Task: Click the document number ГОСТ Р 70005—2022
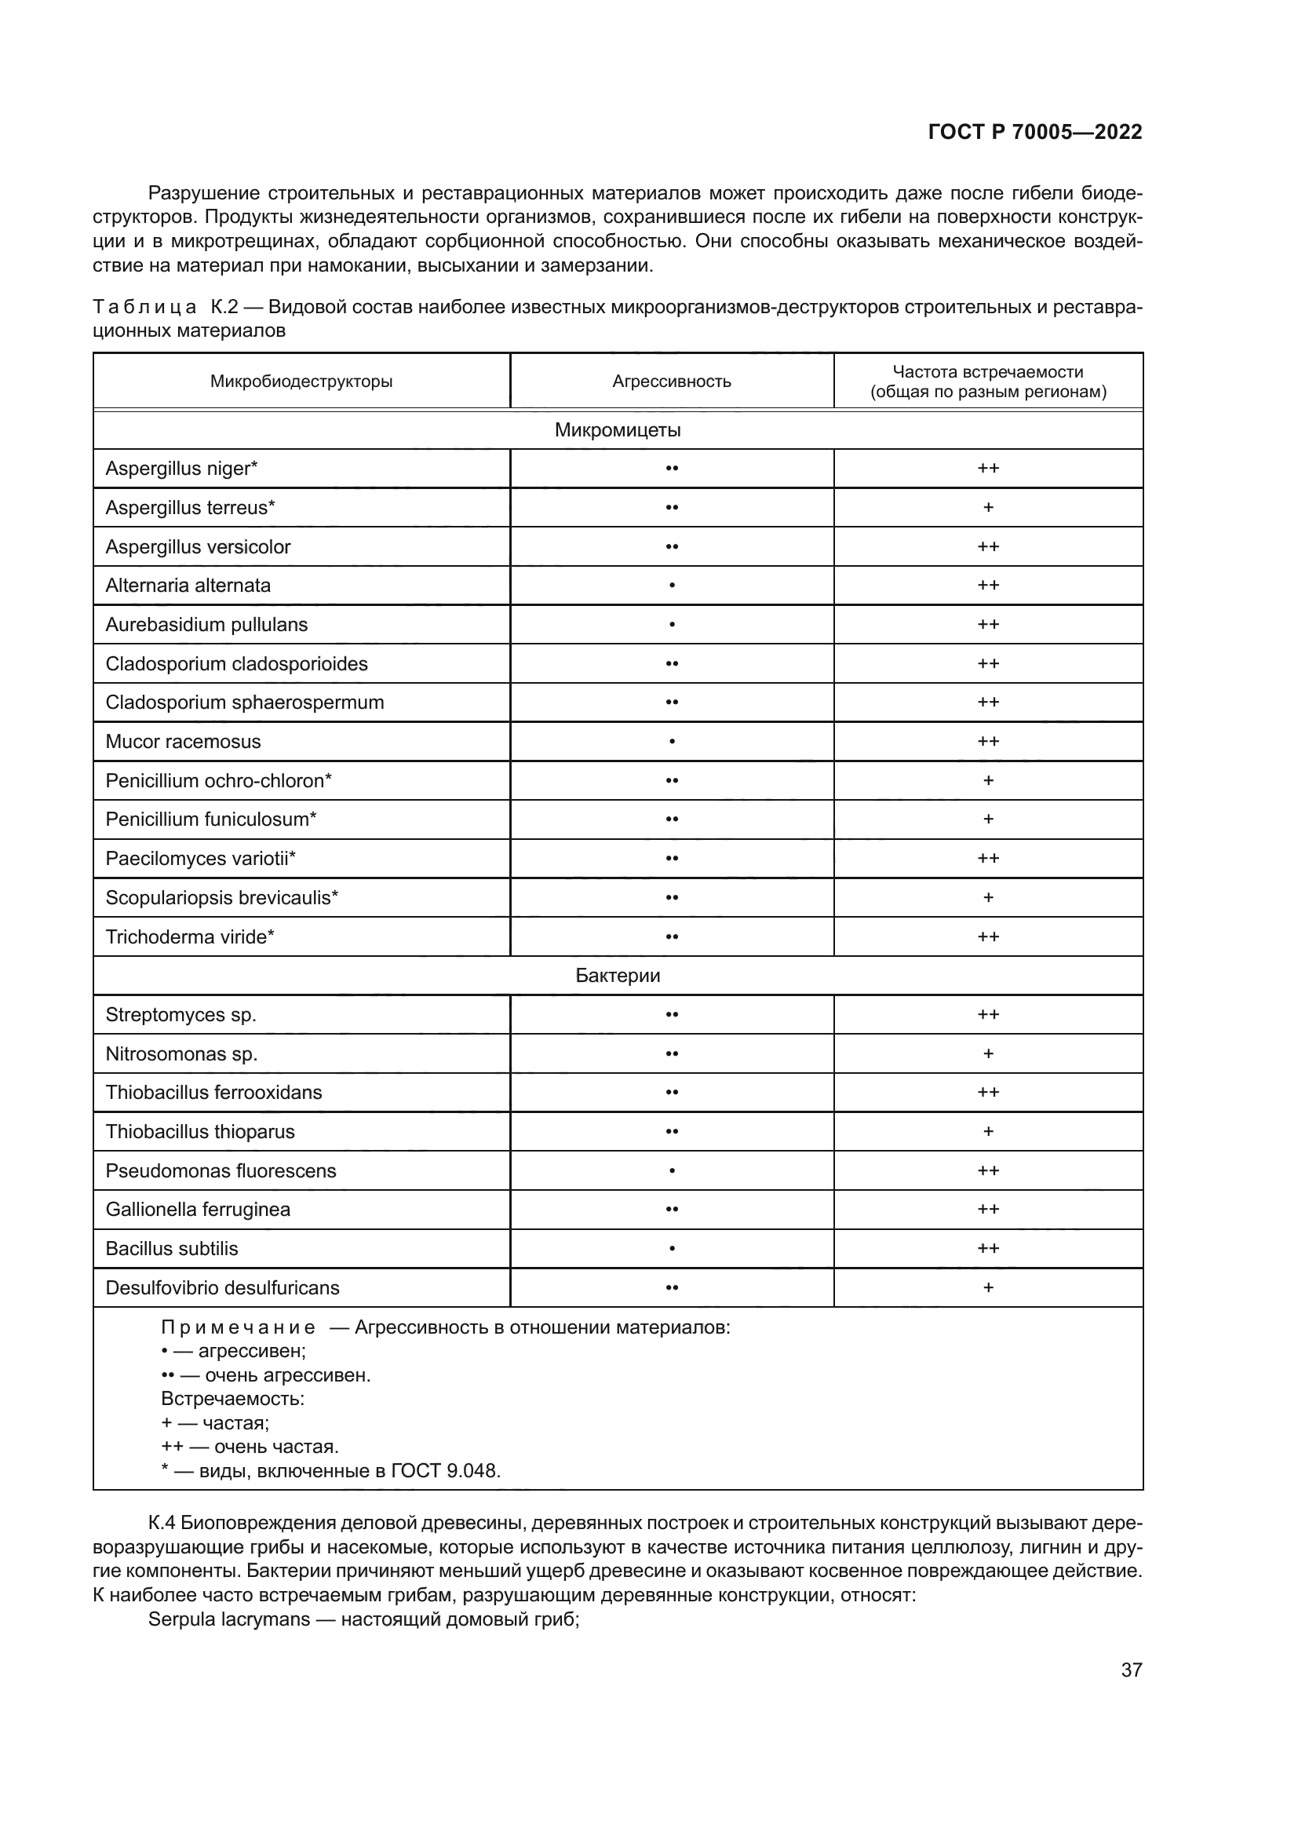click(1034, 132)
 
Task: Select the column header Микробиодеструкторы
click(301, 381)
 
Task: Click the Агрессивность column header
click(672, 381)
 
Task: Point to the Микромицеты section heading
click(617, 430)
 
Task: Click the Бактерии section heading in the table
click(617, 976)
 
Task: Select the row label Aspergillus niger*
click(181, 469)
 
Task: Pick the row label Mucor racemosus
click(183, 741)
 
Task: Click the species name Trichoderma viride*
click(189, 936)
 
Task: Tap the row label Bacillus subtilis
click(172, 1248)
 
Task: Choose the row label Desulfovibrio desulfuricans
click(222, 1287)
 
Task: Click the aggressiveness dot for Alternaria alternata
click(672, 586)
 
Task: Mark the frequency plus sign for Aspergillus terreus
click(988, 508)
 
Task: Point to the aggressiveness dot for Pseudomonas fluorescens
click(672, 1170)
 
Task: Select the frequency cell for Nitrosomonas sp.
click(988, 1054)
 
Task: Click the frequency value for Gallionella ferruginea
click(988, 1209)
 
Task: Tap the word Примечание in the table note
click(237, 1328)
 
